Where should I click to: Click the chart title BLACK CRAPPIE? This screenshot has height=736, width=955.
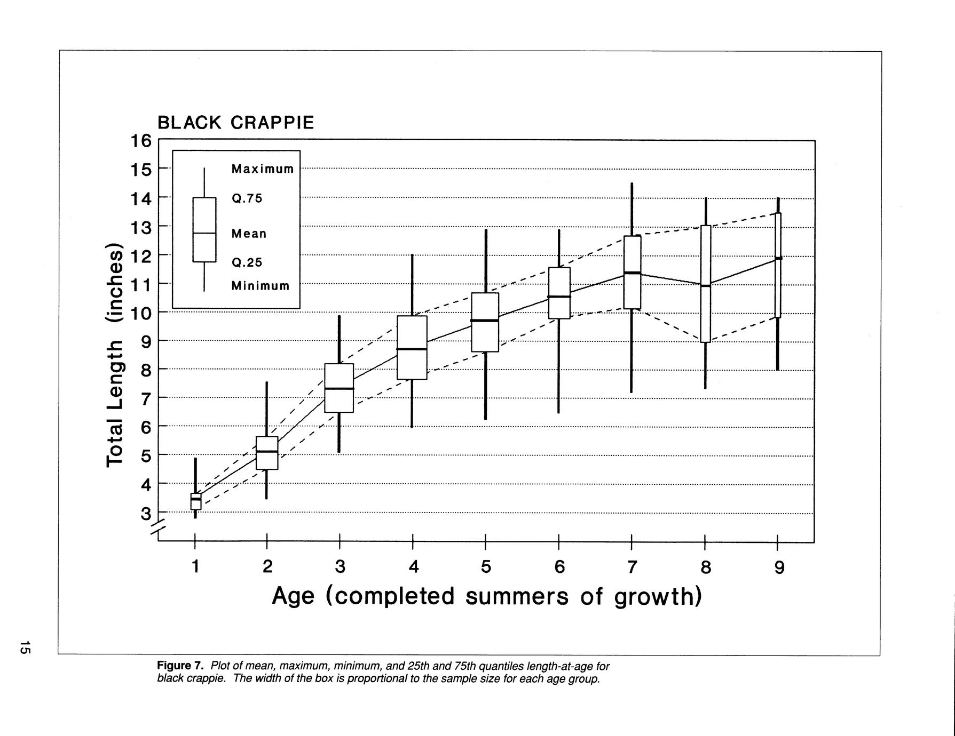[235, 123]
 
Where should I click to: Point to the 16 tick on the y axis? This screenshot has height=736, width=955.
[141, 141]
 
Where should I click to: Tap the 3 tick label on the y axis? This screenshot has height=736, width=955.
[146, 514]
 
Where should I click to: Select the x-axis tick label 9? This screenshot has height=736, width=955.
[779, 567]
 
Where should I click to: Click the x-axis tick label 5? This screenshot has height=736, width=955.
[485, 567]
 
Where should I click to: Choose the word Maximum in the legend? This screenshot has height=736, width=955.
[262, 169]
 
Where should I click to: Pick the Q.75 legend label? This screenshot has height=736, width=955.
[247, 198]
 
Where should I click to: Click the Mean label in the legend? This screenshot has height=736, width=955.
[249, 234]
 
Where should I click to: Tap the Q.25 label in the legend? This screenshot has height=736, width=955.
[247, 262]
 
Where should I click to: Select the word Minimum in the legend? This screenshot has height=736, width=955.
[260, 286]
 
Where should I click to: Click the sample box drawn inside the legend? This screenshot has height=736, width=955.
[204, 229]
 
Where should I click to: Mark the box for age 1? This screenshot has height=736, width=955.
[195, 501]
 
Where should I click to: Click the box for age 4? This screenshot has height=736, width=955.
[412, 347]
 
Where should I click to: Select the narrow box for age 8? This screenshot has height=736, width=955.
[705, 284]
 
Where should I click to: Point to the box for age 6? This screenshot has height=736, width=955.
[559, 293]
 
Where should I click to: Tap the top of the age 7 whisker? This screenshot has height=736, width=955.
[632, 184]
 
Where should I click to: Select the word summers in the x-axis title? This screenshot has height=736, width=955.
[517, 596]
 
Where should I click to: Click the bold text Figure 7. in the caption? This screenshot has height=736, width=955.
[180, 666]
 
